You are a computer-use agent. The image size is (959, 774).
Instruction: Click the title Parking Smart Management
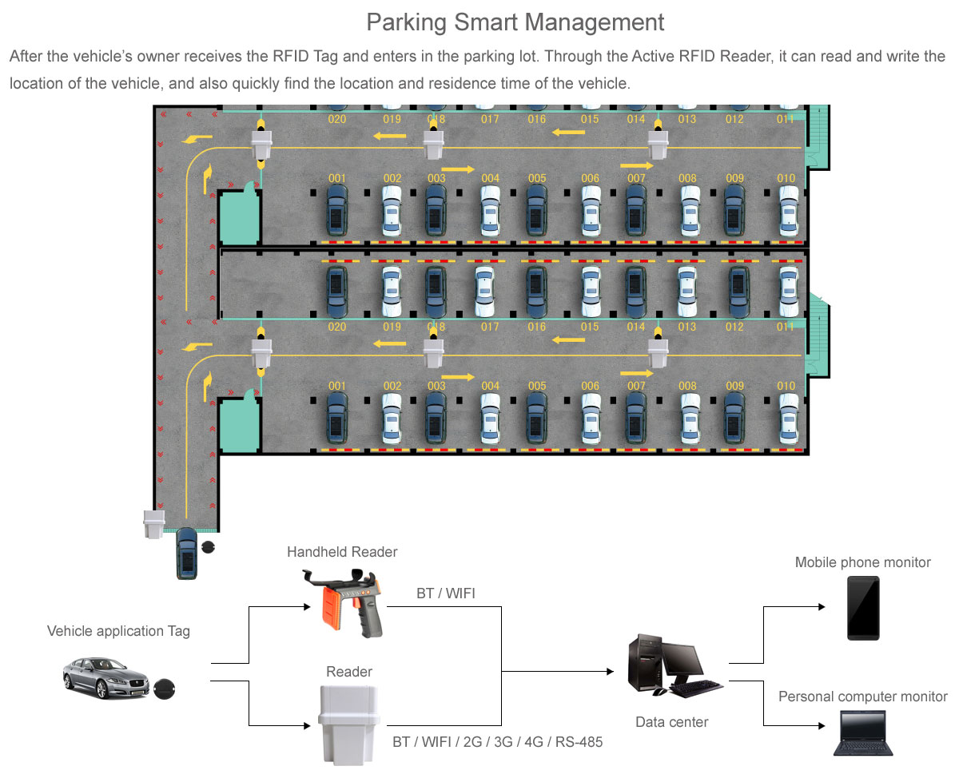515,22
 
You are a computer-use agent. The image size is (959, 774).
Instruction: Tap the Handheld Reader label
342,552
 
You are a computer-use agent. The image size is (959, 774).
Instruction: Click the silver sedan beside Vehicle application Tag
106,678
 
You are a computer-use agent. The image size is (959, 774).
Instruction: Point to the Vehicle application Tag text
118,631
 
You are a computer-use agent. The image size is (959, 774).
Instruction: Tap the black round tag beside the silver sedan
165,688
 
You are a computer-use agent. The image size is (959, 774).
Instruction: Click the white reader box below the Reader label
348,720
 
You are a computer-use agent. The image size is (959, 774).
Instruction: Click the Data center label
671,722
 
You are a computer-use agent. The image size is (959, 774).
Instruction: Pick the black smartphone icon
863,608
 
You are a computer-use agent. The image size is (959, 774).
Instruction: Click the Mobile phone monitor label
862,562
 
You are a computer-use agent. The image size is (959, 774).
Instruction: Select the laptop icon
863,733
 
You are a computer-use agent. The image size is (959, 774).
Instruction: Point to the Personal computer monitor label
862,697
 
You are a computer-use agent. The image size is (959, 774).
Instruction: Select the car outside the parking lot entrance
187,553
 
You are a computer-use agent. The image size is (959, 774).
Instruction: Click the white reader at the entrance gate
153,524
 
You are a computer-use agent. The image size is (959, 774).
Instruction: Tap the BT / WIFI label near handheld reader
446,593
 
